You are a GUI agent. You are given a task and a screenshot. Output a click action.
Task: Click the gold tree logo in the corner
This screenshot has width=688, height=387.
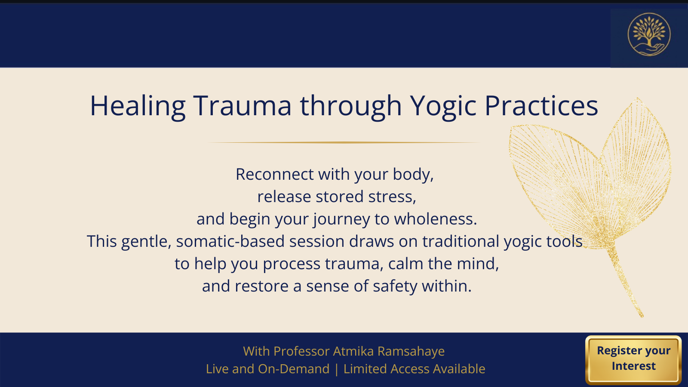click(x=649, y=34)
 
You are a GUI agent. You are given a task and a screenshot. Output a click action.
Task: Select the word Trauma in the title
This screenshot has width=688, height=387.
click(x=242, y=106)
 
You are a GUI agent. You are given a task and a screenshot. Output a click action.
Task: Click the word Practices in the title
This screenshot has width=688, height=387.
click(x=541, y=106)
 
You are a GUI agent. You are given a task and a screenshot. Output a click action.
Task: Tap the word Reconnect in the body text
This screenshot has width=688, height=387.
click(x=274, y=175)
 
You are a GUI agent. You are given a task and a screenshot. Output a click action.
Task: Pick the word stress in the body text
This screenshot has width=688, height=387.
click(x=392, y=197)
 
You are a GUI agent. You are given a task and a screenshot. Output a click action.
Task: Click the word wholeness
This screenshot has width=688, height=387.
click(x=436, y=219)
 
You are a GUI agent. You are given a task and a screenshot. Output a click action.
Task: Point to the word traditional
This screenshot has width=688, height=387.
click(x=461, y=241)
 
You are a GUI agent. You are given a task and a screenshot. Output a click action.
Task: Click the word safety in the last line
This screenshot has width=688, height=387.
click(x=395, y=286)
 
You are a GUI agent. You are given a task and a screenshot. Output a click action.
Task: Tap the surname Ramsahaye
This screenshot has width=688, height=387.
click(x=411, y=351)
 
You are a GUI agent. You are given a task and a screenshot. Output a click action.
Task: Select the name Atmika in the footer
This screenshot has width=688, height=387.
click(x=353, y=351)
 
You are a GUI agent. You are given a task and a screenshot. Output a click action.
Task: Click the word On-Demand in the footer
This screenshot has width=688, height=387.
click(x=294, y=369)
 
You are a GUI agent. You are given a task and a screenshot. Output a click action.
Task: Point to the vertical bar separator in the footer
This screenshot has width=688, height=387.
click(x=336, y=369)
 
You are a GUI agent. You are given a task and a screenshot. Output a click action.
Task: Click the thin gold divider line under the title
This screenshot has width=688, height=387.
click(x=344, y=142)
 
